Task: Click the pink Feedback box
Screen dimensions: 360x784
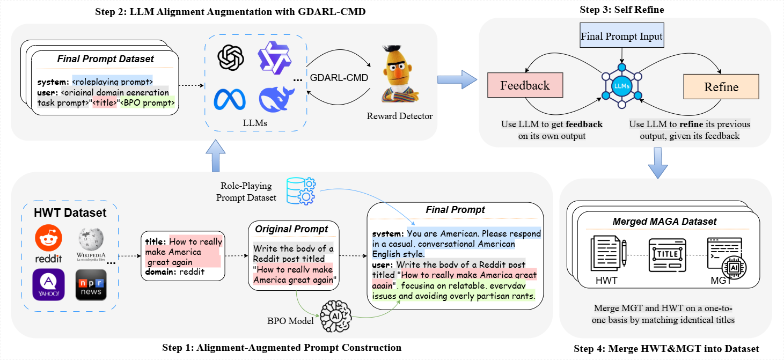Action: coord(525,86)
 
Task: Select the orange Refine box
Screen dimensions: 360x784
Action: coord(721,87)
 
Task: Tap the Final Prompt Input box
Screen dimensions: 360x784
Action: coord(621,37)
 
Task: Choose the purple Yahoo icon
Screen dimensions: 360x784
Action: coord(48,284)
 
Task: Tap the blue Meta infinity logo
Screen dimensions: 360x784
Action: coord(230,100)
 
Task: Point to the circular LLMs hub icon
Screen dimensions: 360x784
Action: coord(621,85)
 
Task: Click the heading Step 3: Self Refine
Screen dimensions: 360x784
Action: coord(621,10)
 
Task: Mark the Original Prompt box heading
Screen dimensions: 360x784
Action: coord(292,229)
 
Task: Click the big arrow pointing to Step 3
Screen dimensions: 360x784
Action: coord(457,79)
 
